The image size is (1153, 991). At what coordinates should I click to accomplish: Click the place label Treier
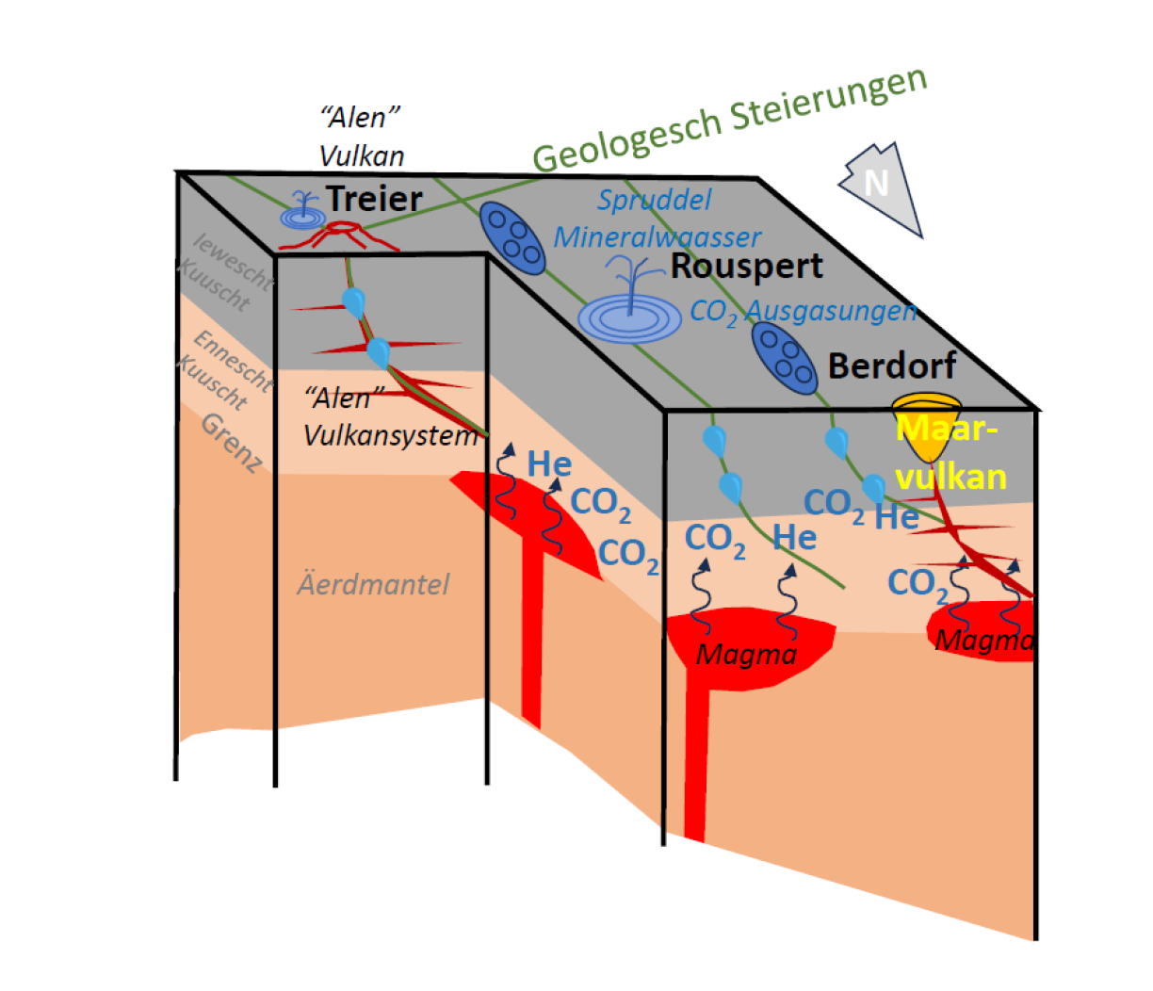coord(374,199)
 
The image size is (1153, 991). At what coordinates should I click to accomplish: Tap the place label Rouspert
coord(746,267)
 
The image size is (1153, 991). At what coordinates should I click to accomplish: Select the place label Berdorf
coord(891,366)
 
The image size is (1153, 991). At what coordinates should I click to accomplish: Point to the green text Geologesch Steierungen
coord(730,119)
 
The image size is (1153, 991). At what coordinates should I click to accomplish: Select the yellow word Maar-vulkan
coord(950,453)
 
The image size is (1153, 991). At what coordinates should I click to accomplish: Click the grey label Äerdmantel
coord(373,585)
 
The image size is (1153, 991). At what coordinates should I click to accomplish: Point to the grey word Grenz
coord(231,443)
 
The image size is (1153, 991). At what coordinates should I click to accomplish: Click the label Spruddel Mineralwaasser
coord(657,219)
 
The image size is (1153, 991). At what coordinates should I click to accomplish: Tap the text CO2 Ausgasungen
coord(803,311)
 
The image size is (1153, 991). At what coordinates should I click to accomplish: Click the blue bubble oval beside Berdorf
coord(784,357)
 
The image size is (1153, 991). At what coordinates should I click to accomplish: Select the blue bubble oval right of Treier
coord(512,238)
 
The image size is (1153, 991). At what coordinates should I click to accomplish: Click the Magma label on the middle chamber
coord(746,653)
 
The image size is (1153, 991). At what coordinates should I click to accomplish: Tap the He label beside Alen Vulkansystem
coord(549,463)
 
